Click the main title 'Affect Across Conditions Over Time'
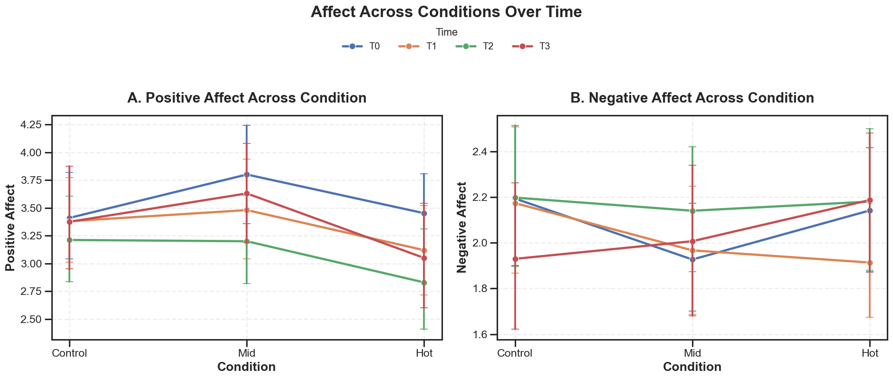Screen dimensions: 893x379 (x=446, y=12)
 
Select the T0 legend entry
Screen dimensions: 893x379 (x=361, y=47)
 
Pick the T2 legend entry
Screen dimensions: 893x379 (x=474, y=47)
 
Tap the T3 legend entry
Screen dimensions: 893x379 (x=531, y=47)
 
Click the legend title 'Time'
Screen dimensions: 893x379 (x=447, y=32)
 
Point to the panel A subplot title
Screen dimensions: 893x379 (x=247, y=98)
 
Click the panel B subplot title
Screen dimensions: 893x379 (x=692, y=98)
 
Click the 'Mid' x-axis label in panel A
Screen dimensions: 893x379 (x=247, y=353)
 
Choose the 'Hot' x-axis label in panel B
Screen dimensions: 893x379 (x=870, y=353)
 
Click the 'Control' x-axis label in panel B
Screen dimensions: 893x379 (x=515, y=353)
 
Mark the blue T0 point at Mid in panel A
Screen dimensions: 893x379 (x=247, y=174)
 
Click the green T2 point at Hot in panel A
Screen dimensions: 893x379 (x=424, y=283)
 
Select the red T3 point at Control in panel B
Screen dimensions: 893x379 (x=515, y=259)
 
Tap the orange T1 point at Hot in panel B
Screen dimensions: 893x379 (x=870, y=263)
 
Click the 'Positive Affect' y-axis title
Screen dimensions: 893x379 (x=10, y=227)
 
